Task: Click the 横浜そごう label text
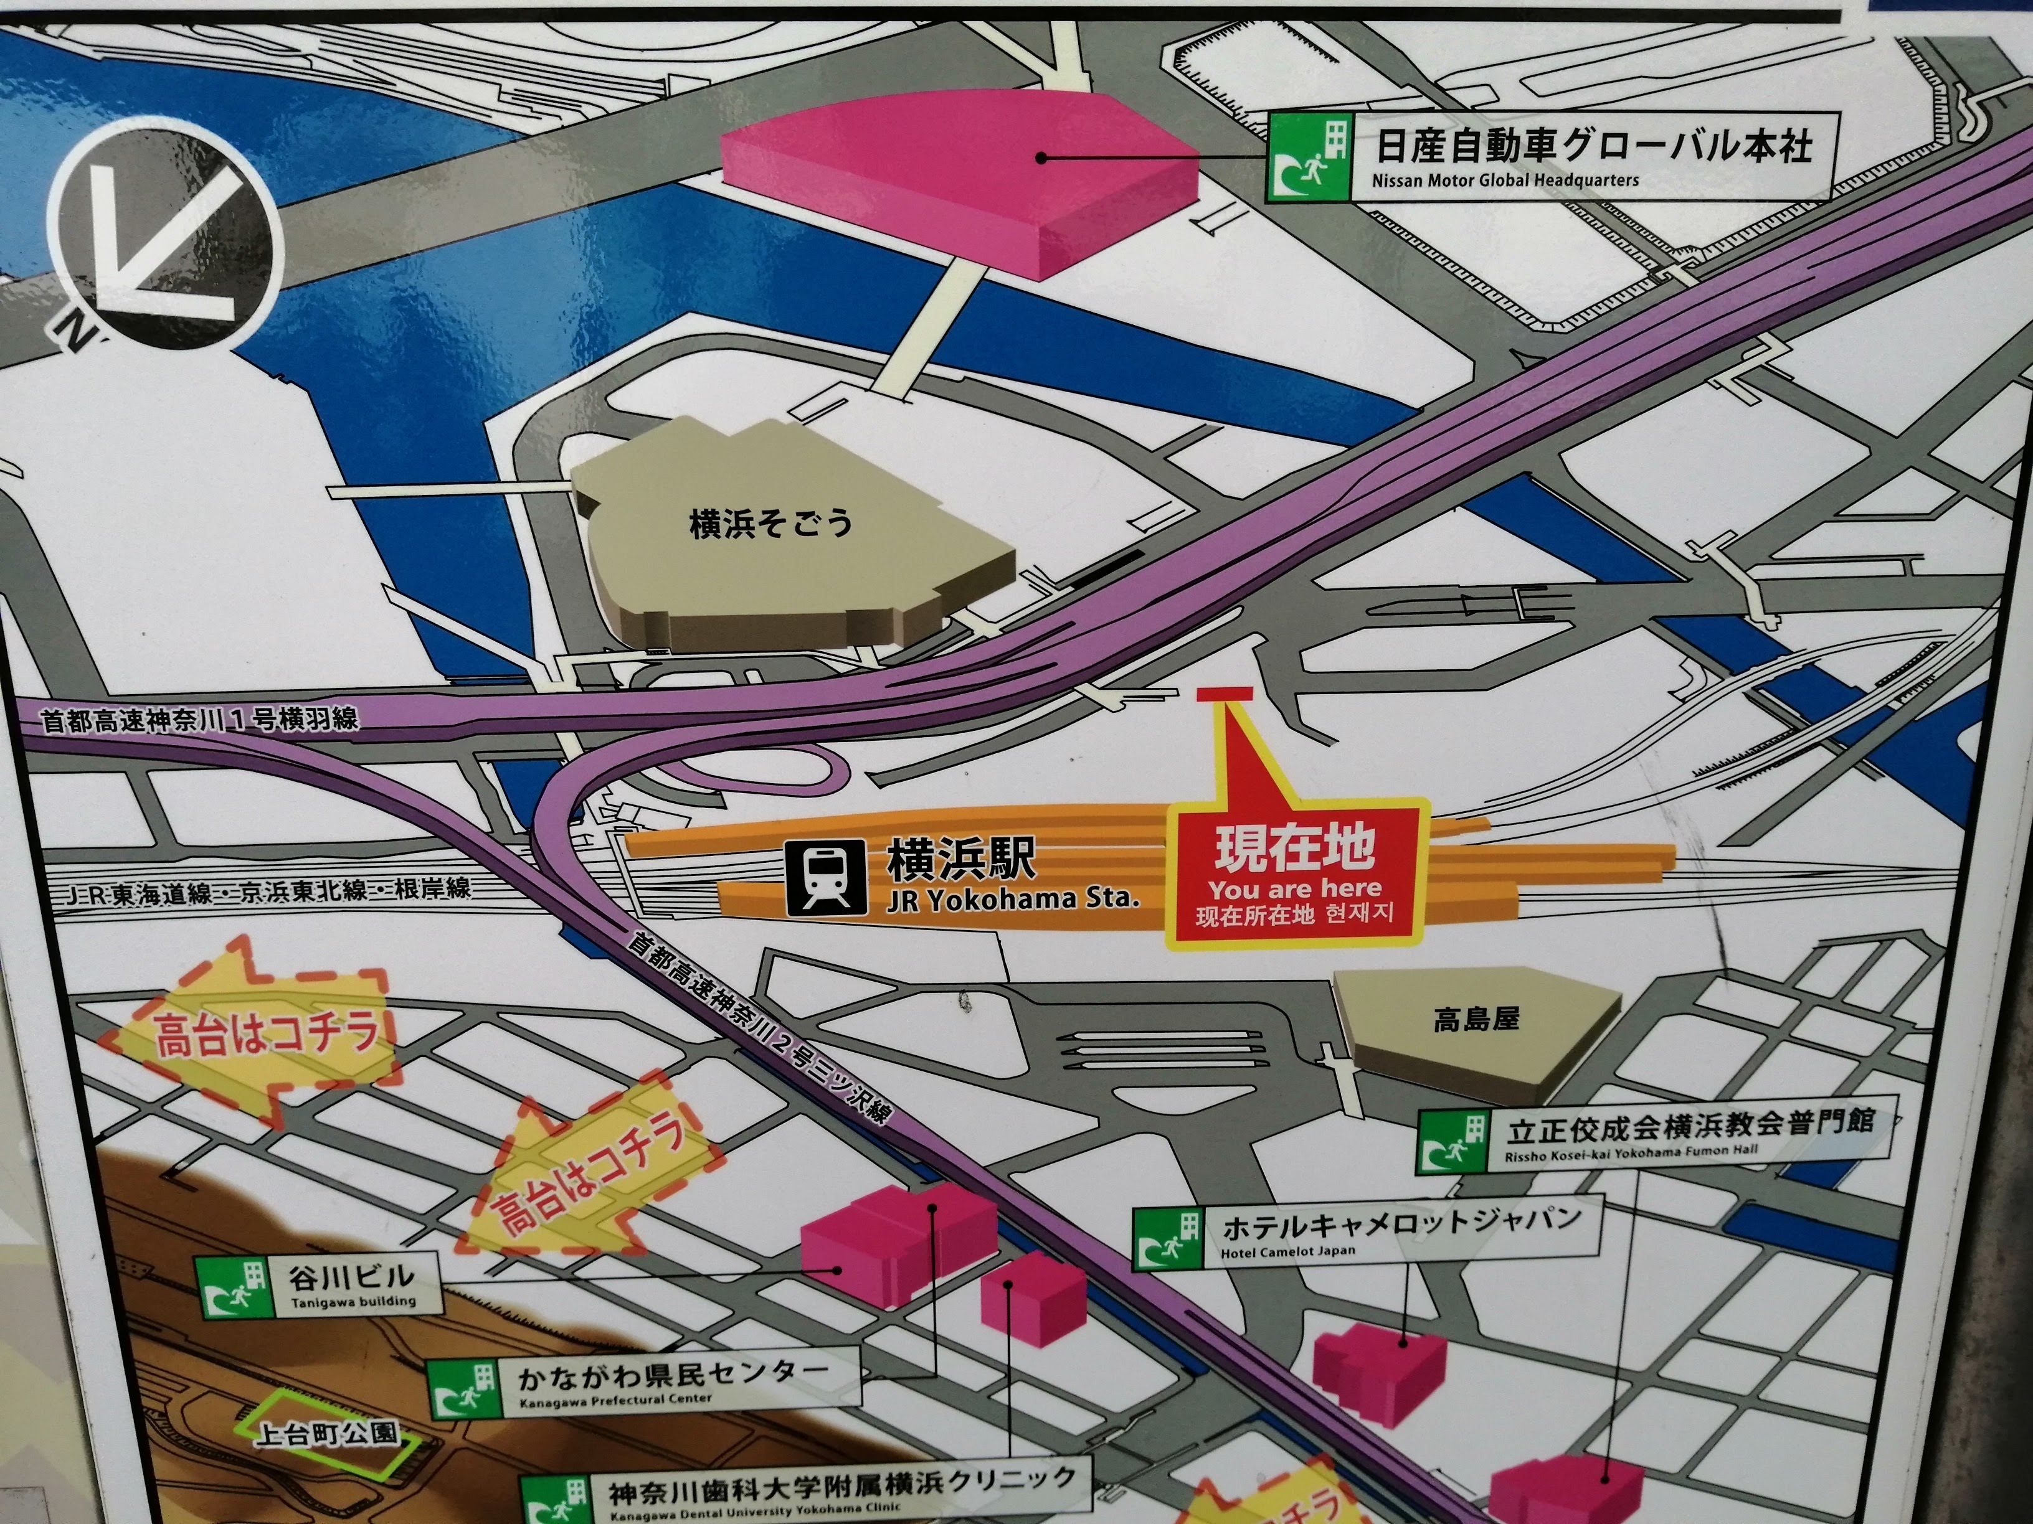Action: click(770, 524)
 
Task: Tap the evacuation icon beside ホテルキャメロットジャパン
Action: click(1168, 1239)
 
